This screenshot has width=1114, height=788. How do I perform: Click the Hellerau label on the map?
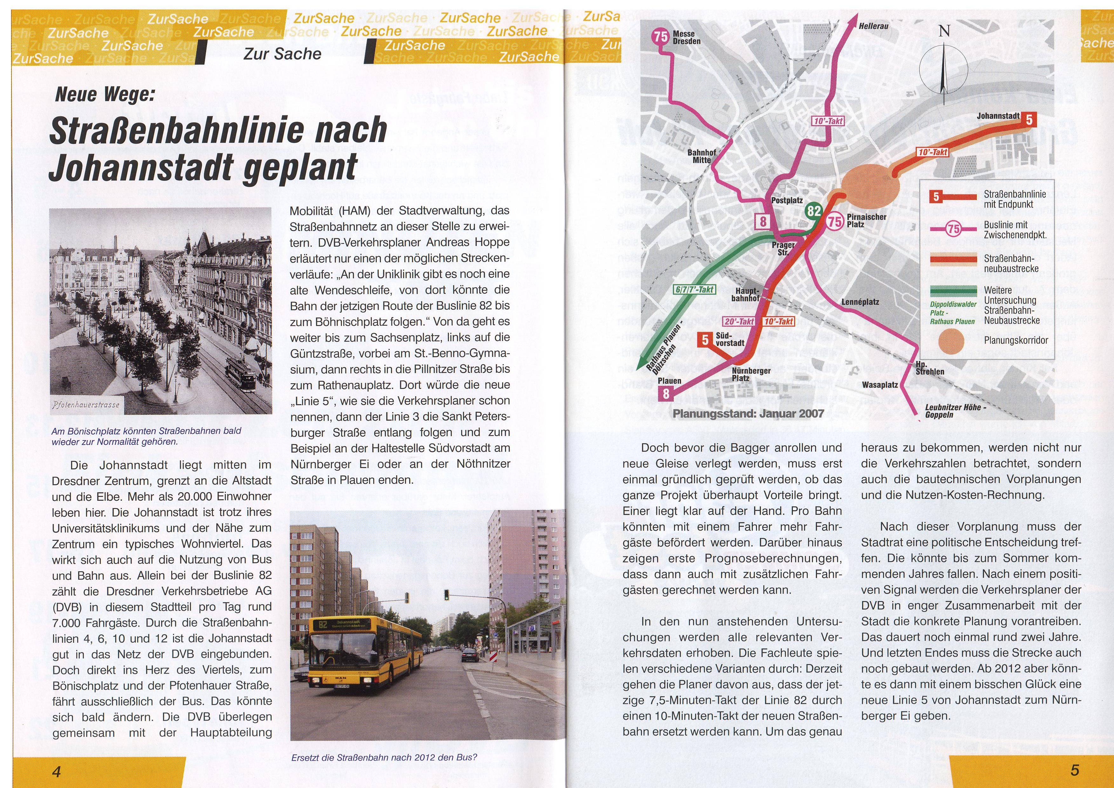point(873,26)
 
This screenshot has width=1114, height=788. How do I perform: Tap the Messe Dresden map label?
point(686,37)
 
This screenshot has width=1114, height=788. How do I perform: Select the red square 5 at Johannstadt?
point(1029,119)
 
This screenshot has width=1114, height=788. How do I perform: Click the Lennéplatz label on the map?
point(860,302)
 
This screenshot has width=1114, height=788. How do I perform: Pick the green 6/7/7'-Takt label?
point(695,290)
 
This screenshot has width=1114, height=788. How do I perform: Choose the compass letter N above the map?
point(944,31)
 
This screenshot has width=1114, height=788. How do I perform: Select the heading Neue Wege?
point(105,94)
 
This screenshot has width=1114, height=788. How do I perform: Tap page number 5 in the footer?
point(1075,770)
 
